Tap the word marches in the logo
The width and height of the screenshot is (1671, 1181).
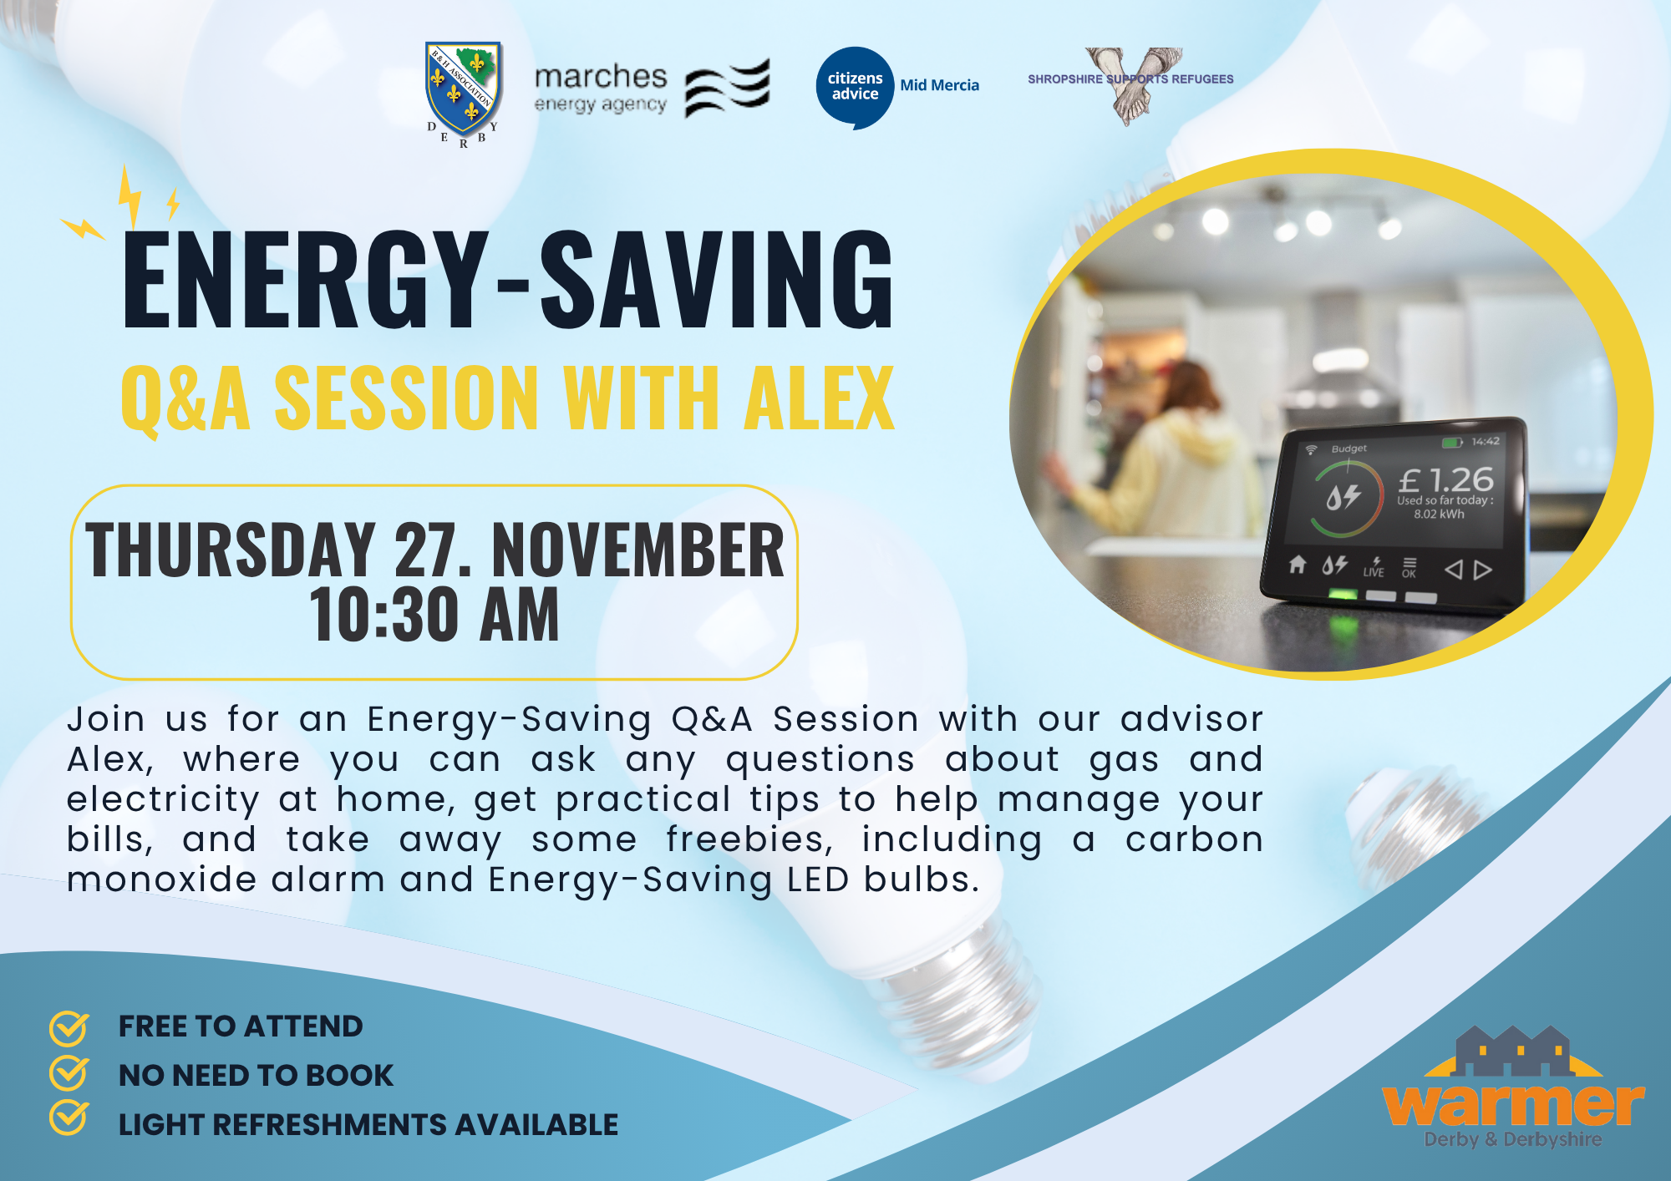[601, 77]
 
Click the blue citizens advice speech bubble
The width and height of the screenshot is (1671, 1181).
[855, 88]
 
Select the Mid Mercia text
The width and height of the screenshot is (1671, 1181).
[939, 85]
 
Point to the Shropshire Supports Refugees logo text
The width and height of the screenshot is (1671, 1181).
[1130, 79]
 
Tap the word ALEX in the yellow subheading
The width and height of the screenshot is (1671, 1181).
[820, 398]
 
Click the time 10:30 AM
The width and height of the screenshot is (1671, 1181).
[434, 615]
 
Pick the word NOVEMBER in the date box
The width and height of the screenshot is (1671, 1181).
[638, 550]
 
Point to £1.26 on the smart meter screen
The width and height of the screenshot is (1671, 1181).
[1446, 479]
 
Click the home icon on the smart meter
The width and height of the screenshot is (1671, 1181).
[1297, 565]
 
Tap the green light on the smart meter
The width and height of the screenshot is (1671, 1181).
[1343, 595]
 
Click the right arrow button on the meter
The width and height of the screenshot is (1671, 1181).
[1483, 570]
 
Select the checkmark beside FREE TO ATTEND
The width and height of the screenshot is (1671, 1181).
[69, 1028]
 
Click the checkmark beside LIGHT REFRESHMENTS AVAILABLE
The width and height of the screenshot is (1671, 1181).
[69, 1118]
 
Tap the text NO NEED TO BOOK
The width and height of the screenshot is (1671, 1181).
[256, 1076]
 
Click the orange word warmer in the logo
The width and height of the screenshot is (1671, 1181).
[1513, 1104]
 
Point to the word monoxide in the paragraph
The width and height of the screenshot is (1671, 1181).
[162, 879]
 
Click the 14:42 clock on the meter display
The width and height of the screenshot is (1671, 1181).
[1486, 441]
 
